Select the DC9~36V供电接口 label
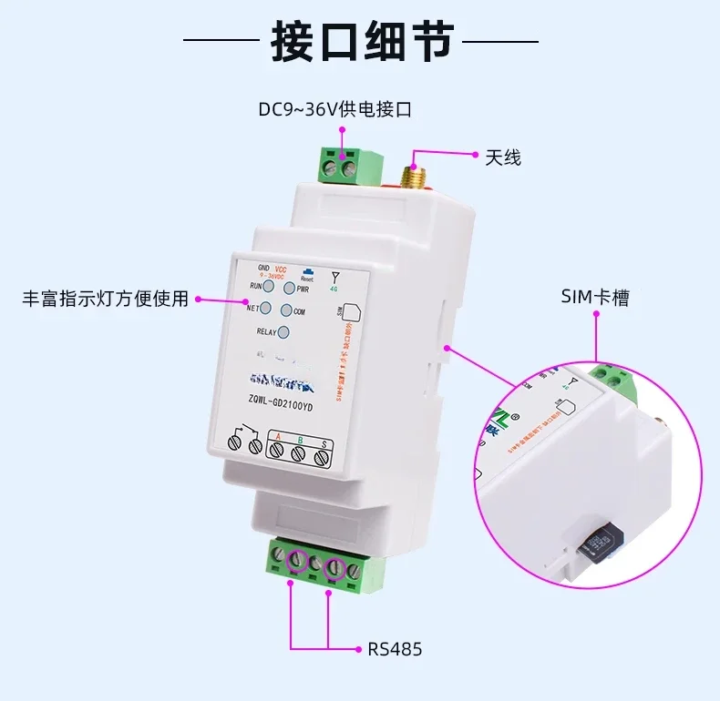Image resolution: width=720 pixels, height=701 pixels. point(334,110)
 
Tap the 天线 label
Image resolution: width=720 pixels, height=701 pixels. point(502,157)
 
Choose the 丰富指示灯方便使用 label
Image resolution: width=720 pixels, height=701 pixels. point(106,299)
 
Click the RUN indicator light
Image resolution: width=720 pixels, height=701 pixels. point(270,286)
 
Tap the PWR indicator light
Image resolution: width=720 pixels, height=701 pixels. point(290,289)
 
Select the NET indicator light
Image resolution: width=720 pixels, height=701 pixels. point(266,308)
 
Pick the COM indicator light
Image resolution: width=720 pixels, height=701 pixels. point(286,311)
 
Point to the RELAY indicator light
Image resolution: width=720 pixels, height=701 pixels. point(283,333)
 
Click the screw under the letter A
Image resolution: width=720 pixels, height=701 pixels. point(277,452)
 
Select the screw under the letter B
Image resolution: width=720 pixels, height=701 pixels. point(299,457)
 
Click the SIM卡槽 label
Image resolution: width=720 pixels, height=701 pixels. point(595,298)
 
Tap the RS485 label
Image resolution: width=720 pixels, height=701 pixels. point(395,649)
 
